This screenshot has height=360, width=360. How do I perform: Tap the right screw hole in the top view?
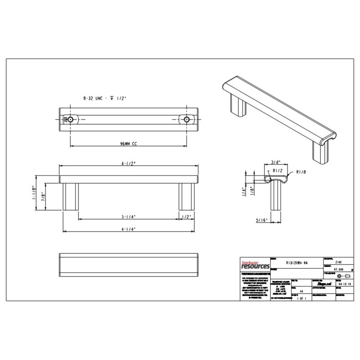(186, 119)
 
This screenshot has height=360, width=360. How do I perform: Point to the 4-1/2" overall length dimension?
(128, 164)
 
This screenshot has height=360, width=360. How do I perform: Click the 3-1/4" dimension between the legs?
(129, 217)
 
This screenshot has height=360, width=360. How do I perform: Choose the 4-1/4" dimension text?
(129, 229)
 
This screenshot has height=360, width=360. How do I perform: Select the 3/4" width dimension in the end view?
(276, 162)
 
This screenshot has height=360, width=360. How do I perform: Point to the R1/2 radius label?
(277, 171)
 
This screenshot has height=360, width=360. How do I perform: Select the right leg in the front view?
(186, 196)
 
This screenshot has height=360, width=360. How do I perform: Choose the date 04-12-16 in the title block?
(334, 284)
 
